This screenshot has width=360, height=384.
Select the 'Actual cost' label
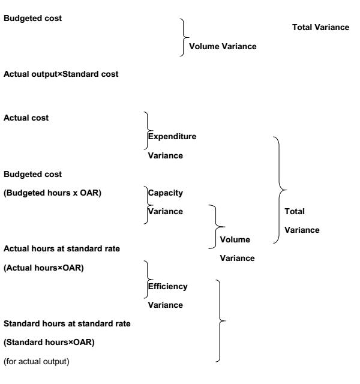click(x=26, y=118)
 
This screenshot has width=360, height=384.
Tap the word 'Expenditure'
click(x=172, y=136)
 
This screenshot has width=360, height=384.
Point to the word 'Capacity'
click(x=166, y=194)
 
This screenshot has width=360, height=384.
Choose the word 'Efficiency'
click(x=169, y=286)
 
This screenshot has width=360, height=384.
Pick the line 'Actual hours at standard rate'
click(x=61, y=248)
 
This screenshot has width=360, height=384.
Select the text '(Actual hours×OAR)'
click(x=44, y=267)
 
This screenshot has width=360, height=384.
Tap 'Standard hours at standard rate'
click(x=67, y=324)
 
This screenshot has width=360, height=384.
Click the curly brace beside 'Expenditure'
click(x=146, y=127)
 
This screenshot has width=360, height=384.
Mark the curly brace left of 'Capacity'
click(x=146, y=205)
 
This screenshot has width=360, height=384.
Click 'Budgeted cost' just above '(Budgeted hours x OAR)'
click(x=33, y=175)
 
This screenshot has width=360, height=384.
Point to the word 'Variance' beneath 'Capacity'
click(x=166, y=212)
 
